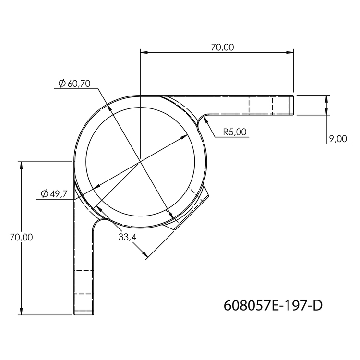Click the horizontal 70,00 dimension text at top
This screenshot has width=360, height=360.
[222, 47]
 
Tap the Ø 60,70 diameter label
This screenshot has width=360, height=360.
[74, 84]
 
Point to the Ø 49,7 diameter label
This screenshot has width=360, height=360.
[53, 193]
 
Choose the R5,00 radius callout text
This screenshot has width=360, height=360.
[235, 132]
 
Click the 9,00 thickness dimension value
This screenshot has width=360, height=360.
[337, 139]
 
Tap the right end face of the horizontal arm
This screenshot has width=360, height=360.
[293, 105]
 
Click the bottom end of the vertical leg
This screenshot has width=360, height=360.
[84, 314]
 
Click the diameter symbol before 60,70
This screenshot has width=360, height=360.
[61, 84]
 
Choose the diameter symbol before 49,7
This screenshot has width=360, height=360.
[44, 193]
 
